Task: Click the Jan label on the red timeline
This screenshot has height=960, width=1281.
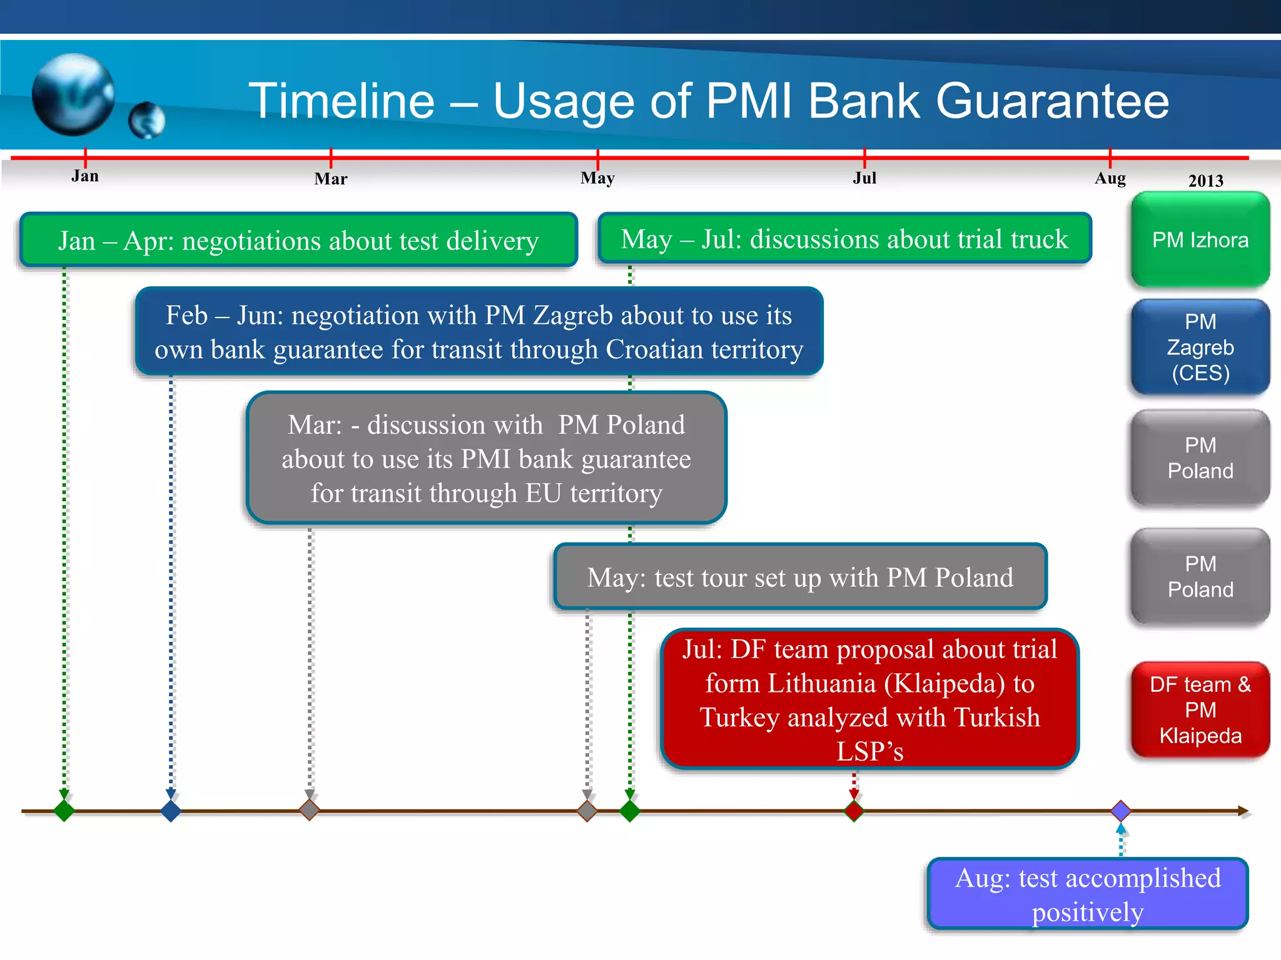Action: pos(85,176)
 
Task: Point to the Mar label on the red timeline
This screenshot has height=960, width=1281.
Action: pos(330,179)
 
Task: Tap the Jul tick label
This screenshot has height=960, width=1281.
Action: pos(864,178)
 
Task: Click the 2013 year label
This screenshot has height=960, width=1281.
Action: pos(1205,181)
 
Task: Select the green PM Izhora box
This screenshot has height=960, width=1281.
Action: pos(1200,240)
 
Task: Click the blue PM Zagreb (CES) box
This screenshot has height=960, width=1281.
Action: pos(1200,347)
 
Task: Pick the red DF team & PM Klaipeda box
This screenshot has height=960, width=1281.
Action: pos(1200,710)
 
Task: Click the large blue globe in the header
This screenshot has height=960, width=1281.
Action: pos(73,94)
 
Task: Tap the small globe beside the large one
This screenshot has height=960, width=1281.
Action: pos(147,120)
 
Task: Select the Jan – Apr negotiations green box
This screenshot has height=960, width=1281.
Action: pos(298,241)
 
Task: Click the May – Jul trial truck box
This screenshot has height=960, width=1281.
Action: pos(844,239)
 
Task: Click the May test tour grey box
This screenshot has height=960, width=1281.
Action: pos(800,577)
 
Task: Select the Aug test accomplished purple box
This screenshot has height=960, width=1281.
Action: pos(1087,894)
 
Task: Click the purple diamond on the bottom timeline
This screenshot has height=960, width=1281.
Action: pos(1120,811)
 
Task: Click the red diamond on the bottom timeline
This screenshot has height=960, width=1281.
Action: pos(854,811)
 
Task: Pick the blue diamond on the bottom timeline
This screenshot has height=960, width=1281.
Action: pos(171,811)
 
